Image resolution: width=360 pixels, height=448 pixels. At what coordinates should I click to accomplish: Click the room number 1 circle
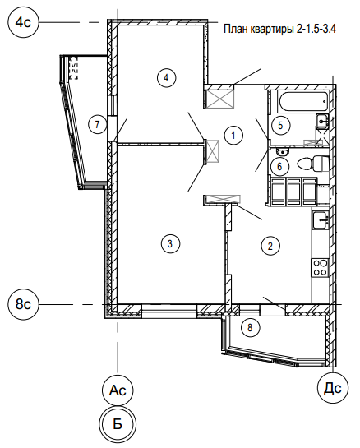point(233,135)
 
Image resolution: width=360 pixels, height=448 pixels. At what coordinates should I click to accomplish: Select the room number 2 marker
point(270,246)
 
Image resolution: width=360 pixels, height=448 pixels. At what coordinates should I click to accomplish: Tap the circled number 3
point(170,243)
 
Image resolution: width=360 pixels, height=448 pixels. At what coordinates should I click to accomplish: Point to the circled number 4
point(166,77)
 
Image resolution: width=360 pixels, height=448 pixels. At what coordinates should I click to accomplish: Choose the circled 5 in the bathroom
point(280,125)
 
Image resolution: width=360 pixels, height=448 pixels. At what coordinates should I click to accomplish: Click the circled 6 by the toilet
point(279,166)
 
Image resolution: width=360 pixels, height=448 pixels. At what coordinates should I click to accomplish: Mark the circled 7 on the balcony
point(98,125)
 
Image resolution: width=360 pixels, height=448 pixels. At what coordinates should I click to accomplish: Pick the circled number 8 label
point(251,327)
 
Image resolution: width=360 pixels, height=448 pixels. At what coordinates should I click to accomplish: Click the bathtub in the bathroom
point(303,101)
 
